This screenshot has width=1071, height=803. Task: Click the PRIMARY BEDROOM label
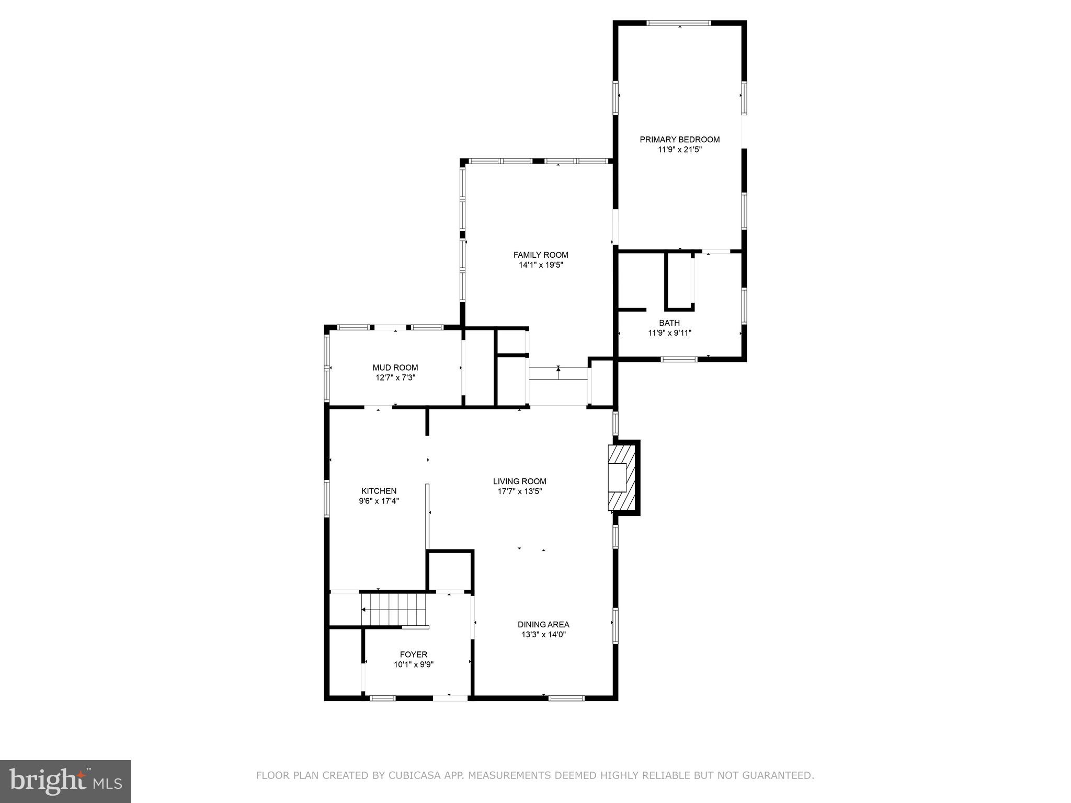click(679, 140)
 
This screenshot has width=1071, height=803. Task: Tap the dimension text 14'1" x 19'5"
click(541, 265)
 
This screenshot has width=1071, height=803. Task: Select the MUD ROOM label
click(395, 368)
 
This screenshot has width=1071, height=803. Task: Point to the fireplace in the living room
click(622, 477)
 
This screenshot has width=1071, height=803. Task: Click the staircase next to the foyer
click(393, 609)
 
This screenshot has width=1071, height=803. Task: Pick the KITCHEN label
click(379, 491)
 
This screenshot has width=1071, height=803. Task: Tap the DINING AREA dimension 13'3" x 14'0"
click(543, 635)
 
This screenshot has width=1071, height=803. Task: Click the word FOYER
click(413, 655)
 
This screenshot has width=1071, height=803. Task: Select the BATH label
click(669, 323)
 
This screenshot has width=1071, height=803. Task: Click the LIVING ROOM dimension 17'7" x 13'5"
click(519, 491)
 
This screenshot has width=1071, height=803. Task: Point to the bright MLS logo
click(65, 782)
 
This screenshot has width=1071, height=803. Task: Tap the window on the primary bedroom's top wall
click(679, 23)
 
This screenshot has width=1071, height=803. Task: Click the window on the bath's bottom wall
click(679, 359)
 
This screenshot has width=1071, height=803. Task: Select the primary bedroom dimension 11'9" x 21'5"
click(679, 150)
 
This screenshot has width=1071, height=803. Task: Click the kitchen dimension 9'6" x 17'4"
click(379, 501)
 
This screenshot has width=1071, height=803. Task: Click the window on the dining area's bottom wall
click(566, 698)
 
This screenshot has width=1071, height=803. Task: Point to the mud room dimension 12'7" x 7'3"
click(395, 377)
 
